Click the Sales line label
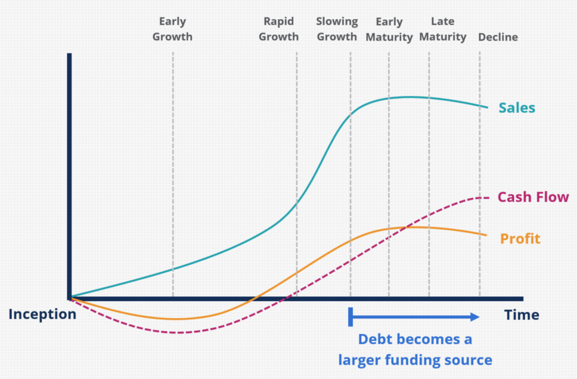517,108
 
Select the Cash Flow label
533,197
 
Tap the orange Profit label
520,239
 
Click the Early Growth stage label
172,29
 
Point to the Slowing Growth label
336,29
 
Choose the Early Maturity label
389,29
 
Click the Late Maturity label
442,29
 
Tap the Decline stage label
498,38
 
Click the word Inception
42,314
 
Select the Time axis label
522,315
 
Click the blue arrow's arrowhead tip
478,317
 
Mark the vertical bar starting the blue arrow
350,317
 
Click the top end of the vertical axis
69,55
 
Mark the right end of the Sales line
487,107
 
